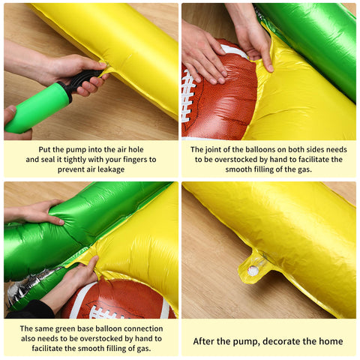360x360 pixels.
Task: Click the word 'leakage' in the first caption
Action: (x=111, y=169)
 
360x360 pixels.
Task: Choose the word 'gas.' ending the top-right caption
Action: (x=304, y=169)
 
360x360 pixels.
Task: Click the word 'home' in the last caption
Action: (x=331, y=341)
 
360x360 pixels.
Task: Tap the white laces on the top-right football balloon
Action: (x=188, y=96)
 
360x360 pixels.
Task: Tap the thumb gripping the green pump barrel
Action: (x=10, y=114)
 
